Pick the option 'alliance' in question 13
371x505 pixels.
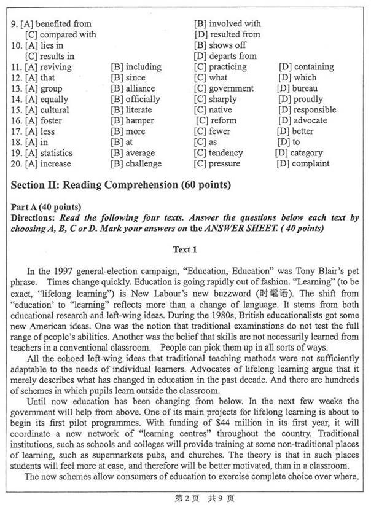click(x=140, y=88)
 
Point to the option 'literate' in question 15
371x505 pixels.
click(x=140, y=110)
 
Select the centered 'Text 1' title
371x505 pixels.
click(x=185, y=249)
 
